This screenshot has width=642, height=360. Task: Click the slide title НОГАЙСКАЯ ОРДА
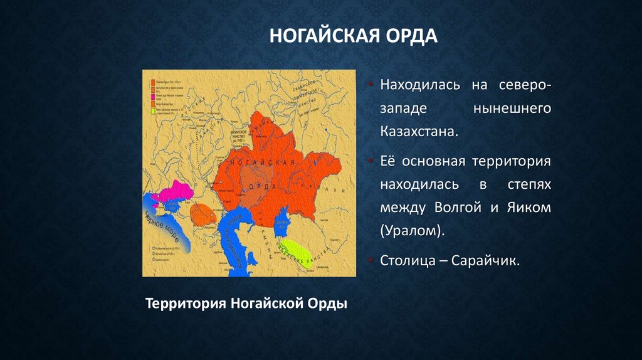pos(353,35)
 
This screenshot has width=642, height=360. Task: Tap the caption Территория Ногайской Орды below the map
pos(246,304)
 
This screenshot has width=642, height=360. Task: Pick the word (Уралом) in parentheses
pos(411,230)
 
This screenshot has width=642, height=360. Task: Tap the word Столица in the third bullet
pos(406,260)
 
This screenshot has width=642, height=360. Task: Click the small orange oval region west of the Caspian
pos(203,214)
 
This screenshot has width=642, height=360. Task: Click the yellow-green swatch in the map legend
pos(153,111)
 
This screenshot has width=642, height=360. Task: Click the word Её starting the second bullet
pos(388,162)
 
